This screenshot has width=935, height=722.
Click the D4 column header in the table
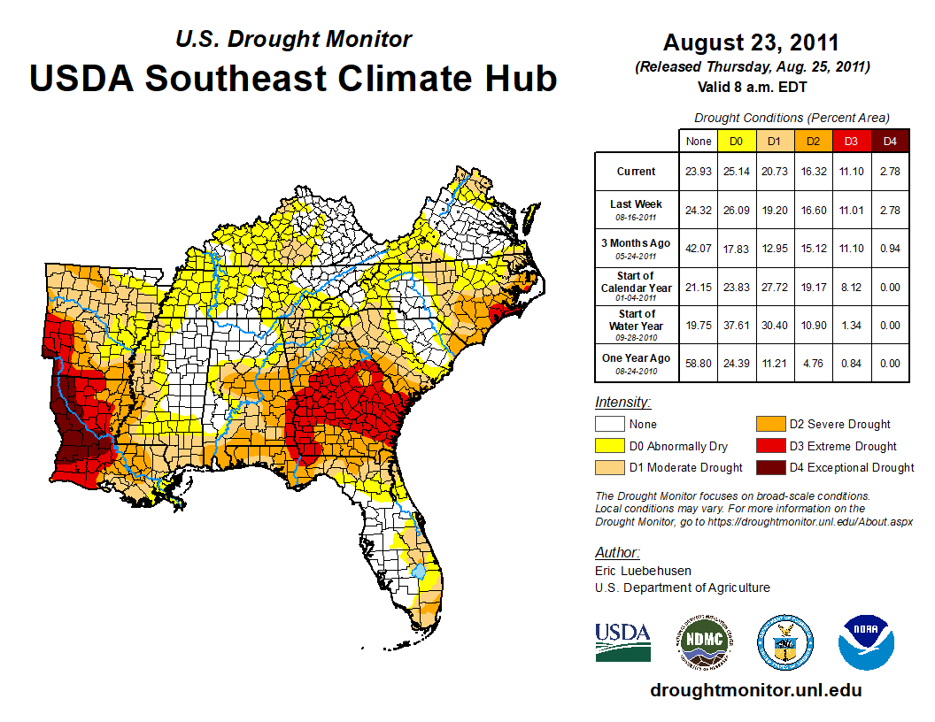pyautogui.click(x=890, y=141)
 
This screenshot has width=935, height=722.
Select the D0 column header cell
pyautogui.click(x=736, y=141)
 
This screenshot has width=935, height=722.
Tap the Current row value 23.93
pyautogui.click(x=699, y=172)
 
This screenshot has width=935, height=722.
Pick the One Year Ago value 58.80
pyautogui.click(x=699, y=363)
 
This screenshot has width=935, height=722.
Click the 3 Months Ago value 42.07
pyautogui.click(x=699, y=248)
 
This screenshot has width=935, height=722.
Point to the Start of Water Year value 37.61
pyautogui.click(x=736, y=325)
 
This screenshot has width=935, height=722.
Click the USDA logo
pyautogui.click(x=623, y=641)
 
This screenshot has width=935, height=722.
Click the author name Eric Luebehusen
pyautogui.click(x=643, y=571)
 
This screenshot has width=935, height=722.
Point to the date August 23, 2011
pyautogui.click(x=751, y=42)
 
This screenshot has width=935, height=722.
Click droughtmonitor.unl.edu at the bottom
pyautogui.click(x=755, y=690)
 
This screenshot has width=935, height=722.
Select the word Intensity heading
pyautogui.click(x=622, y=403)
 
